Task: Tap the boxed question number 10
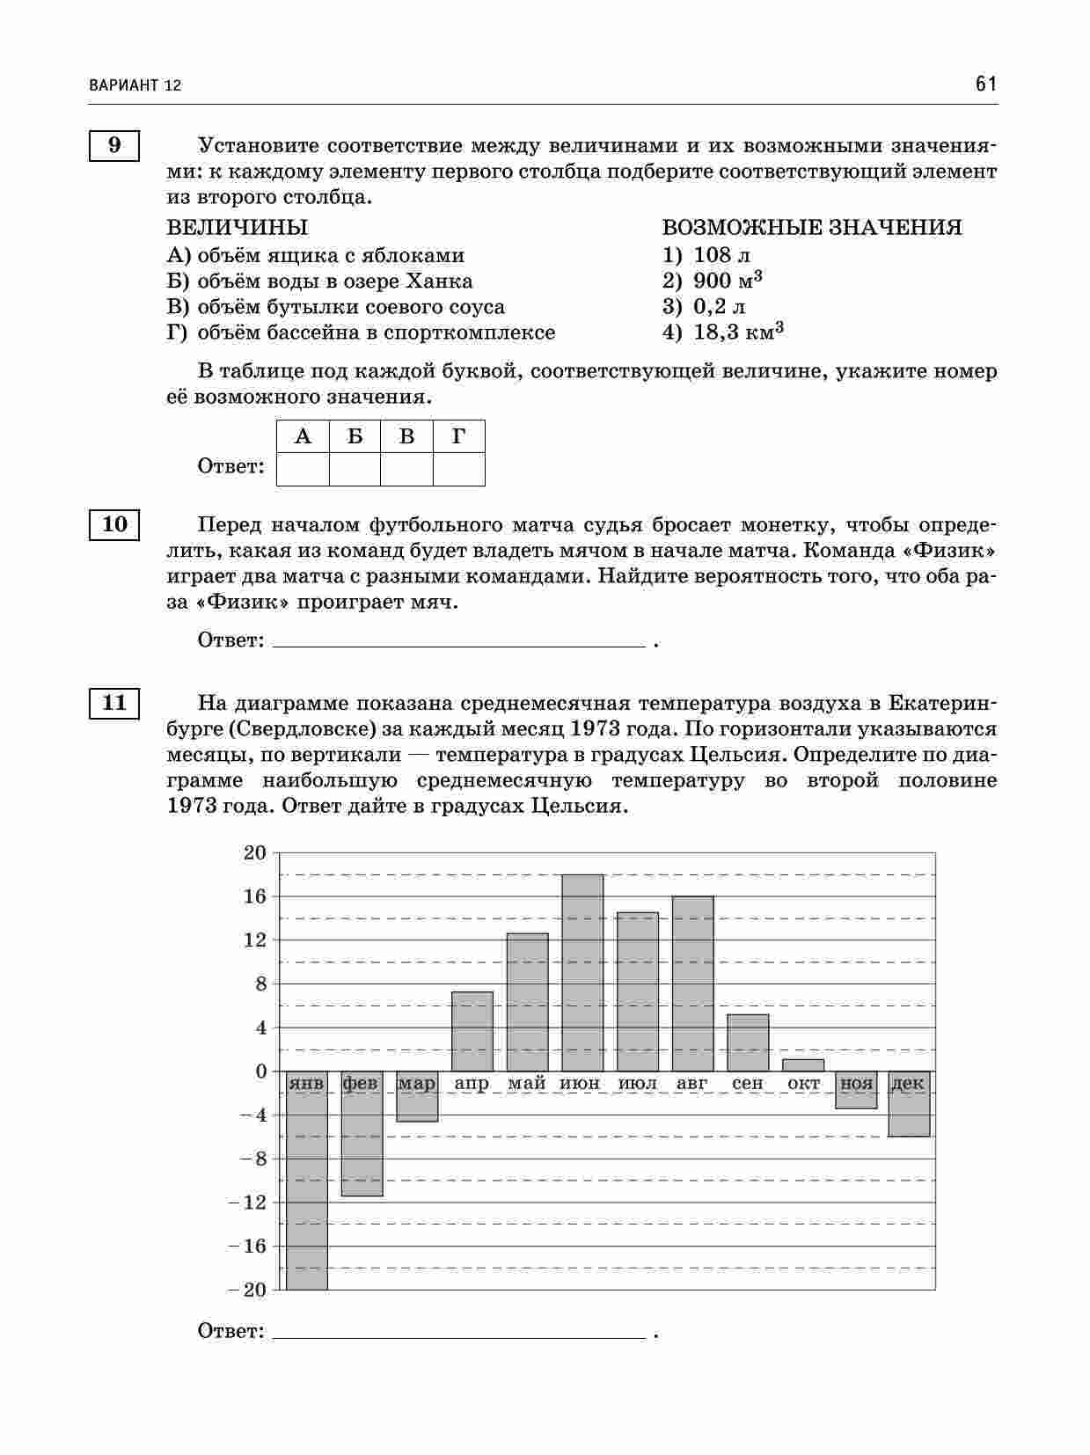click(114, 525)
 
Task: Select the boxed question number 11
click(114, 704)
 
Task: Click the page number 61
click(985, 84)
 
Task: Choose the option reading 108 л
click(721, 256)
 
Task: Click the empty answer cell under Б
click(355, 469)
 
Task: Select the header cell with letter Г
click(458, 436)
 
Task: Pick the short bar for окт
click(803, 1065)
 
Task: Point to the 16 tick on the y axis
click(254, 897)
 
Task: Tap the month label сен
click(748, 1084)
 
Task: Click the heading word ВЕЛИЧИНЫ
click(238, 229)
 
